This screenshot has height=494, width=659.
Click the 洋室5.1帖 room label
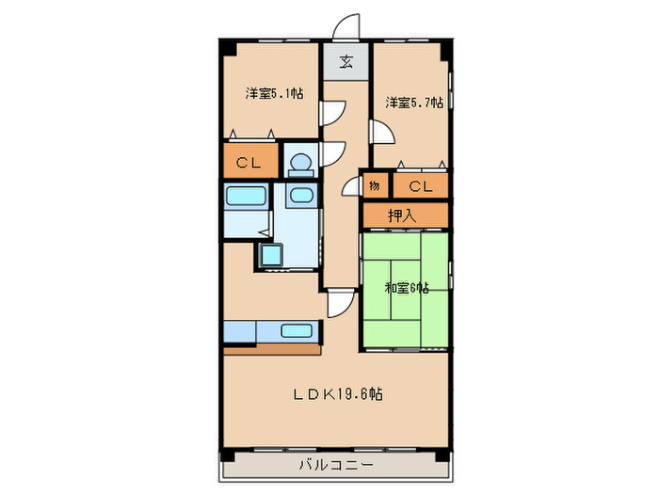coord(274,93)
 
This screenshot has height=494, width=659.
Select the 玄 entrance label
coord(346,63)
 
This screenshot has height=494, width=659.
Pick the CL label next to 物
coord(421,186)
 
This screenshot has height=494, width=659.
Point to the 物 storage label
coord(375,186)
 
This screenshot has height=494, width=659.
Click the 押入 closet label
coord(403,215)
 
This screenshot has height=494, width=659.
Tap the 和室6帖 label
coord(406,288)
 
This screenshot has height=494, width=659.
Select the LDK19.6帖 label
coord(335,392)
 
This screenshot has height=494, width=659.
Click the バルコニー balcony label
coord(336,465)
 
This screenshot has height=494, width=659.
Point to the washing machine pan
coord(271,256)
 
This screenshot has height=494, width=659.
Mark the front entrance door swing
coord(348,27)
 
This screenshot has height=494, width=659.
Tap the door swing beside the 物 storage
coord(351,184)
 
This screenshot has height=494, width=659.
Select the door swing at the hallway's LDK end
coord(339,303)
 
